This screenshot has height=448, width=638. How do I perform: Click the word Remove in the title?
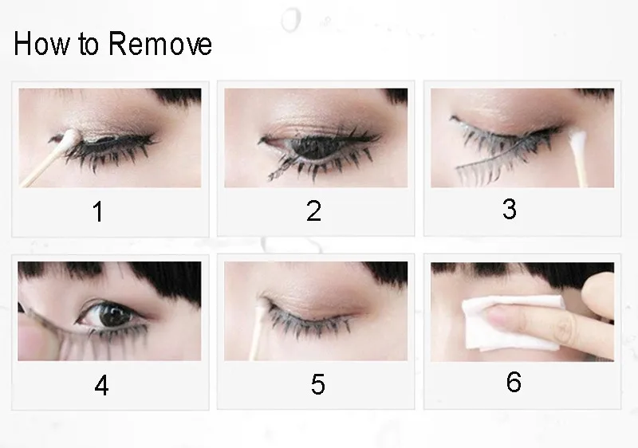tap(160, 44)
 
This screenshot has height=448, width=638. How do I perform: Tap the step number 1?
tap(97, 211)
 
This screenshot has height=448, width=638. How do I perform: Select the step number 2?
tap(313, 210)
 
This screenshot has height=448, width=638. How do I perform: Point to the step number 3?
tap(510, 209)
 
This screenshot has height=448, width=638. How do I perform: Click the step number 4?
tap(102, 385)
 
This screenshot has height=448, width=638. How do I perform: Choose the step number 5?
tap(317, 384)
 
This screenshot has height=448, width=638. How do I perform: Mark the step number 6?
tap(514, 382)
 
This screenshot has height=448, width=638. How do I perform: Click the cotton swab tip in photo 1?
tap(70, 137)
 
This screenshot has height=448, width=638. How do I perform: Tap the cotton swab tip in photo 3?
tap(576, 138)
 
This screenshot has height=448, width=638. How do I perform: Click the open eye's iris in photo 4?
tap(112, 314)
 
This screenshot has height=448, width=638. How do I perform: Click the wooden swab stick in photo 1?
tap(41, 167)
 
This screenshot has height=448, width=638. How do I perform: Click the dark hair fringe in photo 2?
tap(396, 96)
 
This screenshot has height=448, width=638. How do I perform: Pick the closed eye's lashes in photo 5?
tap(309, 323)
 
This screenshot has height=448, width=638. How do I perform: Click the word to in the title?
tap(89, 45)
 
